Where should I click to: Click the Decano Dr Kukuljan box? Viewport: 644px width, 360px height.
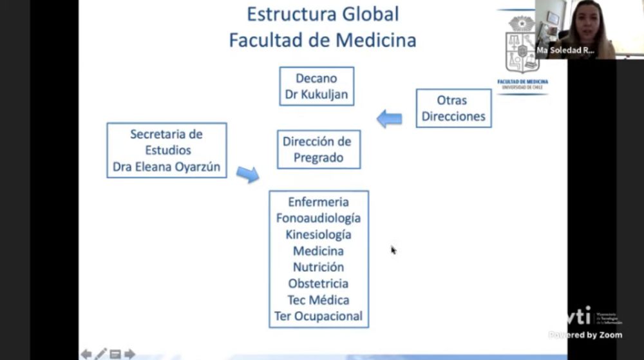(x=316, y=86)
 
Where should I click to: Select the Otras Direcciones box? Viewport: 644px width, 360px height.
(x=453, y=108)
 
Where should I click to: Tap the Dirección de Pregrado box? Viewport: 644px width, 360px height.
(x=318, y=149)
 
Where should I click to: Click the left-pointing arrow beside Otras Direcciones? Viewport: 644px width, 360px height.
(x=389, y=118)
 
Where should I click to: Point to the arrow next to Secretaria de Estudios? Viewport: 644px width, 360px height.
(x=247, y=173)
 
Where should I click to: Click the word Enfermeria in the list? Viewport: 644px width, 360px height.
(x=318, y=202)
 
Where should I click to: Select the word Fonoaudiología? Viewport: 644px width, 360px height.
(x=318, y=218)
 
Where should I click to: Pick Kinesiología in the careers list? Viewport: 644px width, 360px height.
(x=318, y=234)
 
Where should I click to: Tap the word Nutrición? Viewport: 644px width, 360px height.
(x=318, y=267)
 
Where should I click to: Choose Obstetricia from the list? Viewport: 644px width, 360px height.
(x=318, y=283)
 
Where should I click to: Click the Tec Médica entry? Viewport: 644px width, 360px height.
(x=318, y=300)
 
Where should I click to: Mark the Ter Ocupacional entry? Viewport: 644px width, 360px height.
(x=318, y=316)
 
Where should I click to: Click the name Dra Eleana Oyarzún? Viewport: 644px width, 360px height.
(x=166, y=167)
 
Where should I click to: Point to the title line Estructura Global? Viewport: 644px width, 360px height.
(x=323, y=14)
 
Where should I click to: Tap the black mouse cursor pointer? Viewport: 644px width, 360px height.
(x=393, y=250)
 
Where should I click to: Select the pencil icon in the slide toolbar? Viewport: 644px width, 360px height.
(x=100, y=354)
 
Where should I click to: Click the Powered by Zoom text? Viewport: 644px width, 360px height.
(x=585, y=335)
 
